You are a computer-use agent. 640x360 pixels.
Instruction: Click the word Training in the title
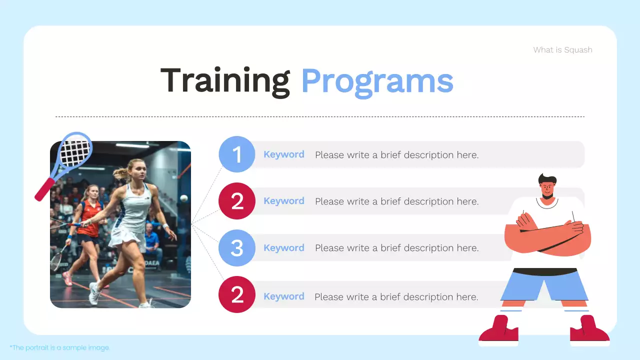[x=225, y=81]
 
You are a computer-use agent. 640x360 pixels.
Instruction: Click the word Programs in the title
[x=377, y=81]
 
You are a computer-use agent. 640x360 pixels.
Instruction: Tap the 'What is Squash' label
[x=562, y=49]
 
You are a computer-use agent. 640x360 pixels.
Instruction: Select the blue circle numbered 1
[x=237, y=154]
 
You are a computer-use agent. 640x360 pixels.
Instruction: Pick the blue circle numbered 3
[x=237, y=248]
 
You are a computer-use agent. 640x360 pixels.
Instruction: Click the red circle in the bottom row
[x=237, y=295]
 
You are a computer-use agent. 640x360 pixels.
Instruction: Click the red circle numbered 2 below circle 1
[x=237, y=201]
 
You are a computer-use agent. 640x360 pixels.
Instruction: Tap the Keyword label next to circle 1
[x=283, y=154]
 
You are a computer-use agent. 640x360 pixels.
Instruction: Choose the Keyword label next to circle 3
[x=283, y=248]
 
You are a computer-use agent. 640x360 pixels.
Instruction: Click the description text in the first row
[x=396, y=155]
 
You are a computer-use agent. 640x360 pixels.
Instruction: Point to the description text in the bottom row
[x=396, y=297]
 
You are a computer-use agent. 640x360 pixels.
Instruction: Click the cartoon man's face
[x=547, y=189]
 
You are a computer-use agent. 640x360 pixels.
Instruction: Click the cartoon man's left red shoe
[x=498, y=331]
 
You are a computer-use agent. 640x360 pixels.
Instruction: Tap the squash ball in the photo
[x=183, y=198]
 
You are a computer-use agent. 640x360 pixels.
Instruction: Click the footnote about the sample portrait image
[x=59, y=347]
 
